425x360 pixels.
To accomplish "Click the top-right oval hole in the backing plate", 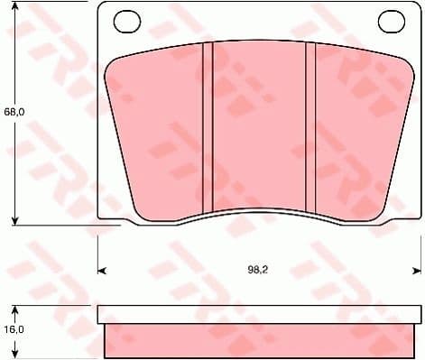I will click(x=390, y=19).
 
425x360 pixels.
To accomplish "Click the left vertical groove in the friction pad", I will click(x=207, y=126).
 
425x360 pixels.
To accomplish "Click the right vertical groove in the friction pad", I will click(x=310, y=126).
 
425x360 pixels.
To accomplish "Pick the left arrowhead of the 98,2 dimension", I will click(x=101, y=269).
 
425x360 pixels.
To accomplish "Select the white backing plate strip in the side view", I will click(x=259, y=314).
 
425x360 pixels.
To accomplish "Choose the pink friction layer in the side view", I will click(x=259, y=339).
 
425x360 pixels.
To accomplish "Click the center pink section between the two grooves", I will click(x=258, y=126).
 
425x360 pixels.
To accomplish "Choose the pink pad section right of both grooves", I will click(x=356, y=126).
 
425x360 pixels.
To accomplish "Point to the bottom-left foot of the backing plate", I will click(x=117, y=217).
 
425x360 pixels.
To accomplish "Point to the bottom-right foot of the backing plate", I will click(x=402, y=217).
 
